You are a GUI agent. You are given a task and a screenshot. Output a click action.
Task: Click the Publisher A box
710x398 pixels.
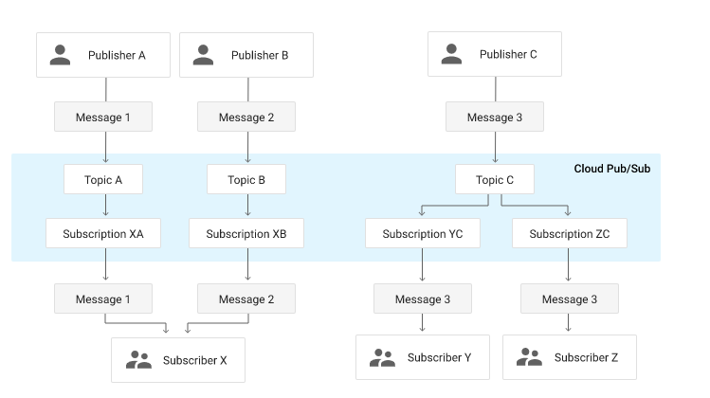coord(103,55)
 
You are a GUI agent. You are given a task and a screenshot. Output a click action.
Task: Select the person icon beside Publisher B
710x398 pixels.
coord(204,55)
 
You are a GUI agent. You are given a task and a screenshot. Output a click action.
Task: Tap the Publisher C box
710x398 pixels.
coord(494,54)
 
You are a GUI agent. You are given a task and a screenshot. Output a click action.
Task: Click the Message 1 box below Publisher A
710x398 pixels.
coord(103,118)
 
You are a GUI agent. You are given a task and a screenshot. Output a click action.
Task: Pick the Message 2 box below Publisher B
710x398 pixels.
coord(246,118)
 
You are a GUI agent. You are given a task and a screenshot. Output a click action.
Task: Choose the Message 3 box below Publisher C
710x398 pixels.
coord(495,118)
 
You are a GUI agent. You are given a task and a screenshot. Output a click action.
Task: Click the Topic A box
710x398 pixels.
coord(103,179)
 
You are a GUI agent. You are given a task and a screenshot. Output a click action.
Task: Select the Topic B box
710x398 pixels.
coord(246,179)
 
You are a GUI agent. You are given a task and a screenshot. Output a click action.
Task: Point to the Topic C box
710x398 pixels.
coord(494,179)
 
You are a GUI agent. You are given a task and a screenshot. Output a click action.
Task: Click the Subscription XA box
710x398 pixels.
coord(103,233)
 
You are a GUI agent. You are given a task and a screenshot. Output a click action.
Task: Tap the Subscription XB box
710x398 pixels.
coord(246,233)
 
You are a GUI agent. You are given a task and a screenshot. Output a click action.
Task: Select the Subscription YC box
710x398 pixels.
coord(423,233)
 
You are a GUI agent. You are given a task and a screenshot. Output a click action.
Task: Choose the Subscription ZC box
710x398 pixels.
coord(569,233)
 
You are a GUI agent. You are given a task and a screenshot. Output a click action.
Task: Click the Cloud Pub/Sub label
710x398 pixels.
coord(611,169)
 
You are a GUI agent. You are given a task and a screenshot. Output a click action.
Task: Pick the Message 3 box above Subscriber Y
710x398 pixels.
coord(423,298)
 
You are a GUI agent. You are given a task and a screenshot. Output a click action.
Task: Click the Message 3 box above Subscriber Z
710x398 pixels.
coord(569,298)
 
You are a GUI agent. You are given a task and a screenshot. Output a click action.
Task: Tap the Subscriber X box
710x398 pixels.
coord(177,360)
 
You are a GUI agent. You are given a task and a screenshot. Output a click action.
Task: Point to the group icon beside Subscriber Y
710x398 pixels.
coord(382,357)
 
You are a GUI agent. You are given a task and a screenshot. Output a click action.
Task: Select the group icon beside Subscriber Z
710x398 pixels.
coord(529,357)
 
